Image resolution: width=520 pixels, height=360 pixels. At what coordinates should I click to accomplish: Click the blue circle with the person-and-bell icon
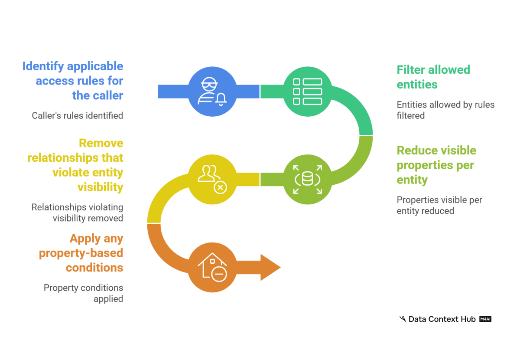coord(212,92)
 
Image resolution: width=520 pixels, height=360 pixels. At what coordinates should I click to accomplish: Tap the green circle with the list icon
coord(308,92)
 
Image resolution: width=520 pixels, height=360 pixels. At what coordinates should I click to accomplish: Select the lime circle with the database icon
coord(308,180)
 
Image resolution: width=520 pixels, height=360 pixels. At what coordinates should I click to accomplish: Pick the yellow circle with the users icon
coord(212,180)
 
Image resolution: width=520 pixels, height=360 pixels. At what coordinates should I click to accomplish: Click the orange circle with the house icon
coord(212,267)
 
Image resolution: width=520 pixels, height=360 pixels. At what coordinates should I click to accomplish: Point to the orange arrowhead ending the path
coord(270,267)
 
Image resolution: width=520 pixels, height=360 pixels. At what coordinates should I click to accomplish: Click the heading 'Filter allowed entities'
coord(433,77)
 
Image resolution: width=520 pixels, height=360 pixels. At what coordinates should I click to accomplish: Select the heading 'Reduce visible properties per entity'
coord(436,165)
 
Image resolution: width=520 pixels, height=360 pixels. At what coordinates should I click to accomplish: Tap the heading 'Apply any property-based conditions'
coord(81,253)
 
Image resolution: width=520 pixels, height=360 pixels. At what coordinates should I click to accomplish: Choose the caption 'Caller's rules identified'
coord(78,116)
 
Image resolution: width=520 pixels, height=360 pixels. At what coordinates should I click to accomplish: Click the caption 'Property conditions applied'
coord(83,293)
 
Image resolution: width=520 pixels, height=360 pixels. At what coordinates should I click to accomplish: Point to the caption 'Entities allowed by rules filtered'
coord(445,110)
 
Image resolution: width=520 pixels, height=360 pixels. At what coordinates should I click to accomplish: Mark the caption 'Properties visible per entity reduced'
coord(439,205)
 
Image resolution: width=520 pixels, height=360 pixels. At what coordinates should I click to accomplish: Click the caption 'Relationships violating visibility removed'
coord(77,213)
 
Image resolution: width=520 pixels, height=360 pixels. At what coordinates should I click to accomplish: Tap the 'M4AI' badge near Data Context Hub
coord(485,319)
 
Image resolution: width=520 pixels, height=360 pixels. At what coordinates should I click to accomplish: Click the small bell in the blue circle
coord(221,100)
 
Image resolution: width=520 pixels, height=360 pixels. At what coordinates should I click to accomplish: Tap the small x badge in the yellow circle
coord(220,187)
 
